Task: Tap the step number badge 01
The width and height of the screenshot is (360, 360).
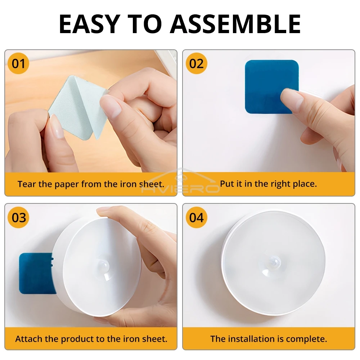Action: point(19,64)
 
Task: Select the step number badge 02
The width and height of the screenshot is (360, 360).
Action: point(197,64)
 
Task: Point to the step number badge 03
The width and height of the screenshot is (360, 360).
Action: point(19,218)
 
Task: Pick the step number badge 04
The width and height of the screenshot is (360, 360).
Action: point(197,218)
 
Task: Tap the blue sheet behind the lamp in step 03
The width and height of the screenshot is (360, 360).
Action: point(34,274)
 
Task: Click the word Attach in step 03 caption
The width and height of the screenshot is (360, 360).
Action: point(27,339)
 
